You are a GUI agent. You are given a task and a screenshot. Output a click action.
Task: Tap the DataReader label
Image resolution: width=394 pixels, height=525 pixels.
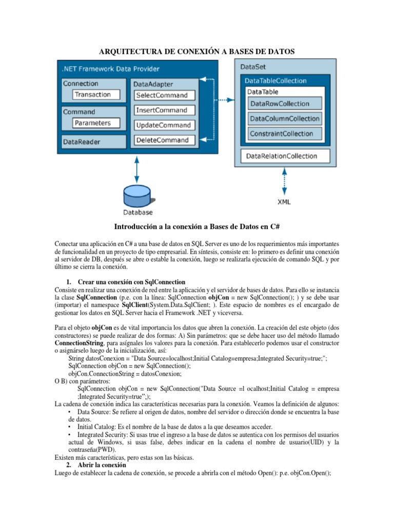coord(82,142)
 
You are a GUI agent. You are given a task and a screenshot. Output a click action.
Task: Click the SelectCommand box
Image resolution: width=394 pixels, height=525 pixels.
coord(162,95)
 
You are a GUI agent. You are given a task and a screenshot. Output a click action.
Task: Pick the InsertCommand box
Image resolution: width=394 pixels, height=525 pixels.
coord(162,110)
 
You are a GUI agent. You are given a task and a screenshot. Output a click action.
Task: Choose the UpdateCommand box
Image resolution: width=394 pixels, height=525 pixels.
coord(163,125)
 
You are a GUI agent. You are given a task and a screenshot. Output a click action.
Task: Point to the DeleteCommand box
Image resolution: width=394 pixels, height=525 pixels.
coord(162,140)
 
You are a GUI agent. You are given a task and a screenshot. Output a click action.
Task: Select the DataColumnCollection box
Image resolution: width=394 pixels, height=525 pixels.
coord(284,119)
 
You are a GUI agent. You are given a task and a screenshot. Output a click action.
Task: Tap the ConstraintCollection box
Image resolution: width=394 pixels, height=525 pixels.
coord(281,134)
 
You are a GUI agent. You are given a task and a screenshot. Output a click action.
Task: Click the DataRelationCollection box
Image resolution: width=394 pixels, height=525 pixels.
coord(282,156)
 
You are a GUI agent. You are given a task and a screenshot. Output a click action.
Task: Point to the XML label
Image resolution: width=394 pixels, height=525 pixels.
coord(283,202)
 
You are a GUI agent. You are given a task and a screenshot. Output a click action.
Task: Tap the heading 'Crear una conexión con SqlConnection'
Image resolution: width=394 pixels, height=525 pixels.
coord(131,282)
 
